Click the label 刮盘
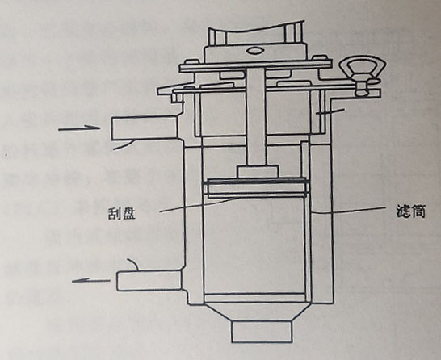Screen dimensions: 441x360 pyautogui.click(x=122, y=214)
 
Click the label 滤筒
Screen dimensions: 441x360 pyautogui.click(x=410, y=211)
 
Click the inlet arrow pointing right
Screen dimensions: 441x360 pyautogui.click(x=79, y=128)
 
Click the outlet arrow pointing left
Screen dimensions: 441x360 pyautogui.click(x=91, y=280)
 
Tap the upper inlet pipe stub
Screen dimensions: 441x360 pyautogui.click(x=145, y=128)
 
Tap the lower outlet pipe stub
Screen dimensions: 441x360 pyautogui.click(x=149, y=280)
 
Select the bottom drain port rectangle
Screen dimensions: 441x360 pyautogui.click(x=262, y=331)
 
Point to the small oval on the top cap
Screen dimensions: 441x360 pyautogui.click(x=254, y=51)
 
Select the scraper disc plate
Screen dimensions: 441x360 pyautogui.click(x=256, y=187)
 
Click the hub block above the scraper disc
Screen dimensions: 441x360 pyautogui.click(x=258, y=171)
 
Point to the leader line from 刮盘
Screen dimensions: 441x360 pyautogui.click(x=197, y=205)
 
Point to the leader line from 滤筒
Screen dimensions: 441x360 pyautogui.click(x=348, y=211)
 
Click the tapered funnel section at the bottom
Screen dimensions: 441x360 pyautogui.click(x=262, y=312)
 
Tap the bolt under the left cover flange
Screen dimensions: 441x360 pyautogui.click(x=177, y=98)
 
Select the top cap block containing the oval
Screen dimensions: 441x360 pyautogui.click(x=254, y=52)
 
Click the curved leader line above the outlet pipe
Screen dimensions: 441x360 pyautogui.click(x=133, y=264)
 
